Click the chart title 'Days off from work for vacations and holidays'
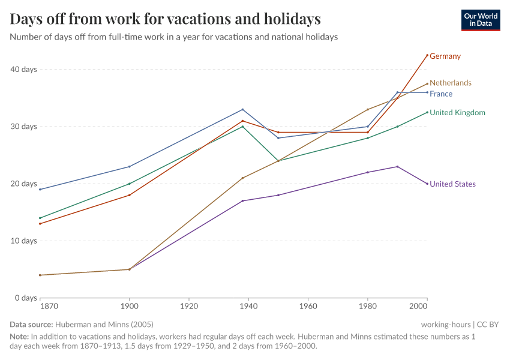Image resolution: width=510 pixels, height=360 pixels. pyautogui.click(x=165, y=19)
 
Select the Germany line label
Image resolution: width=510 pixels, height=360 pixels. pyautogui.click(x=445, y=56)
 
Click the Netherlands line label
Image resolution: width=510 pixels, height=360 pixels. pyautogui.click(x=451, y=83)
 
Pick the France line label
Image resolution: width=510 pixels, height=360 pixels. pyautogui.click(x=441, y=94)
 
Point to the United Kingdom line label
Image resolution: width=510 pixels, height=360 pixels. pyautogui.click(x=457, y=113)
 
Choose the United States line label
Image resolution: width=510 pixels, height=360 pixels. pyautogui.click(x=452, y=184)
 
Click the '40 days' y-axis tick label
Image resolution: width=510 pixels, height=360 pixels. pyautogui.click(x=25, y=70)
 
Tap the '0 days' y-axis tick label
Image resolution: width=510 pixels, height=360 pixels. pyautogui.click(x=26, y=298)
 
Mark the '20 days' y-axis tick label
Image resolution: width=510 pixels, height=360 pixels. pyautogui.click(x=25, y=184)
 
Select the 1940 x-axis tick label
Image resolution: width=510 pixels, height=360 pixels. pyautogui.click(x=248, y=306)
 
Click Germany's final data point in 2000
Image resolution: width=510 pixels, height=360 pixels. pyautogui.click(x=427, y=55)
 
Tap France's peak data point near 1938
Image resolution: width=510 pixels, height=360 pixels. pyautogui.click(x=242, y=109)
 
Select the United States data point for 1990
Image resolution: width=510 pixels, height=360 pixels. pyautogui.click(x=397, y=167)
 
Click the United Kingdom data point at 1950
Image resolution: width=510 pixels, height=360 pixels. pyautogui.click(x=278, y=161)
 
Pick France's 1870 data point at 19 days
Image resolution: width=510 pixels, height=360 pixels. pyautogui.click(x=40, y=190)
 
